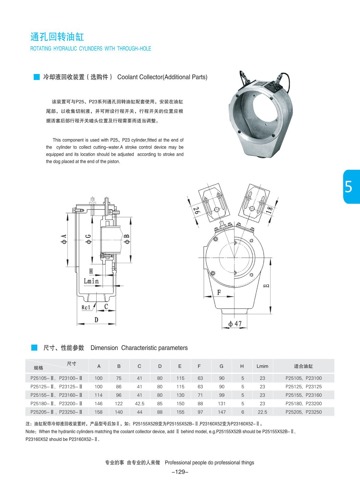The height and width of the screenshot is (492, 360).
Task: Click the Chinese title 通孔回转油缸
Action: (x=57, y=37)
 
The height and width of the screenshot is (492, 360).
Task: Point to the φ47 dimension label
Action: (x=235, y=324)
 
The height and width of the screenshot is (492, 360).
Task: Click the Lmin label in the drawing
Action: (x=91, y=281)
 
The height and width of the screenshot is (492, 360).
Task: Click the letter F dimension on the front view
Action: (x=219, y=292)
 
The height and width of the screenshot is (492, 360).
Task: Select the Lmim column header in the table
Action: (x=262, y=366)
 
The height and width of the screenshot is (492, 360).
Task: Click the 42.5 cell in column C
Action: (x=139, y=403)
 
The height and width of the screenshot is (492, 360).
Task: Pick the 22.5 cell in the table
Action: (x=262, y=412)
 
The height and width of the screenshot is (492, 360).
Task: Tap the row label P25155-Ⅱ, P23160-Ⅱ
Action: (x=56, y=395)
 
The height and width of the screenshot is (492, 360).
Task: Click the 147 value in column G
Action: (x=222, y=412)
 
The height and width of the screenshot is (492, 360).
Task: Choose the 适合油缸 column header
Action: (x=303, y=366)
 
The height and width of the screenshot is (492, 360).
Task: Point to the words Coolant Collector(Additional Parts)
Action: (x=162, y=77)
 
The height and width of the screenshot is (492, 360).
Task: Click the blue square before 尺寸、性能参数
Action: (x=34, y=348)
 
